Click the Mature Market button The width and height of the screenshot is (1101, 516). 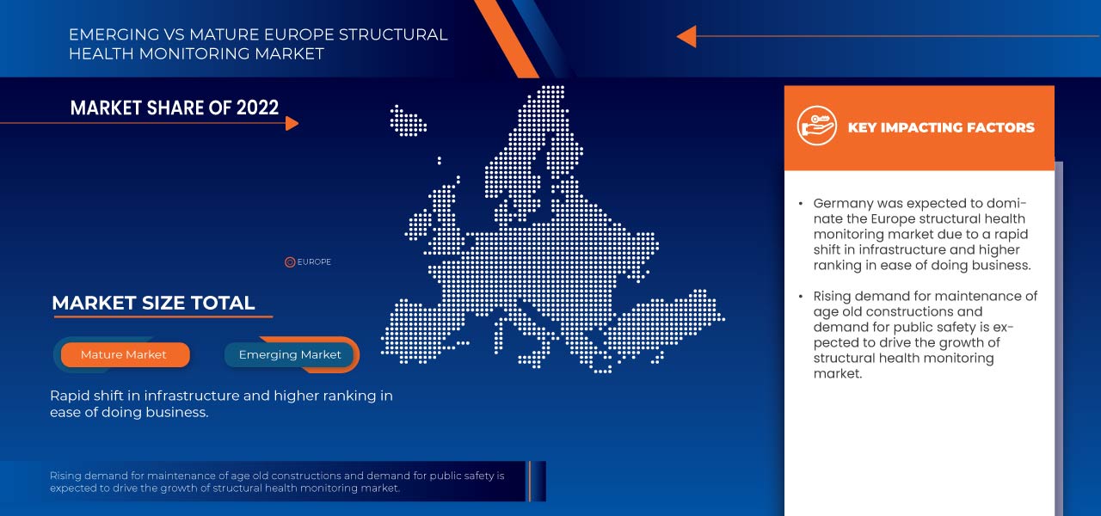click(124, 354)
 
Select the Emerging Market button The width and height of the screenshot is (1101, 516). click(290, 354)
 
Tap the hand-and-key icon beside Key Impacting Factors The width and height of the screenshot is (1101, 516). click(816, 126)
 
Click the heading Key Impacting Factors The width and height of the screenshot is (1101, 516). click(941, 127)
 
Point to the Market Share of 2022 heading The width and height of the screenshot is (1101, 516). click(175, 107)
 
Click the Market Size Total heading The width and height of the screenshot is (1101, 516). click(153, 303)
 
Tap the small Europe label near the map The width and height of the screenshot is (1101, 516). click(314, 262)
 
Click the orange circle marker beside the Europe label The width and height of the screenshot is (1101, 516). click(290, 262)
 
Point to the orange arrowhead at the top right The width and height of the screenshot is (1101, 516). click(686, 36)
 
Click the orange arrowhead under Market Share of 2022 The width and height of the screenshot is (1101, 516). click(292, 123)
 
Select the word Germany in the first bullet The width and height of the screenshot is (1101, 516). click(844, 204)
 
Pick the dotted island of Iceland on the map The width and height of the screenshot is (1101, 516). click(409, 120)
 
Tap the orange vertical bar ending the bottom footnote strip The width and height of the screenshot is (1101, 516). click(531, 481)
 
